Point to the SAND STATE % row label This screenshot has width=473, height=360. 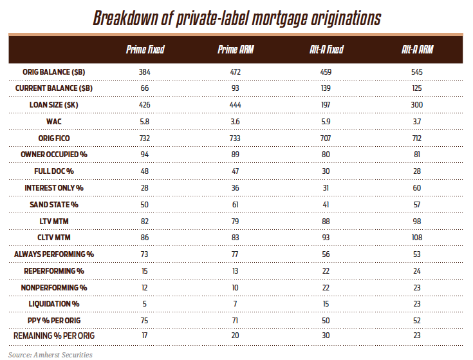[54, 204]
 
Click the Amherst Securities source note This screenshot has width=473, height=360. [50, 354]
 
